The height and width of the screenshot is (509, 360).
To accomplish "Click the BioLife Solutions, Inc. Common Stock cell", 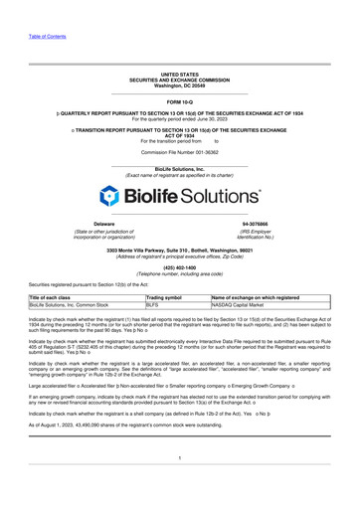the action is click(x=63, y=335).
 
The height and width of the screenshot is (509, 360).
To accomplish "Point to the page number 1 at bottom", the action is click(x=179, y=484).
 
